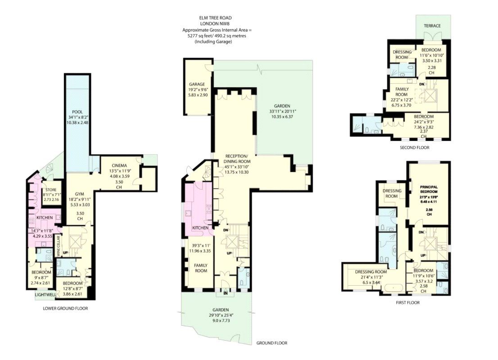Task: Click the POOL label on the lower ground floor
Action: (x=77, y=112)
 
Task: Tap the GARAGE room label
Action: (x=197, y=84)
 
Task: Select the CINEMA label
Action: (x=119, y=166)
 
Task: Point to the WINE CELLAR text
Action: (x=58, y=246)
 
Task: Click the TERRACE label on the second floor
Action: (x=432, y=26)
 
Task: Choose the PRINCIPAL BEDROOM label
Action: (x=429, y=189)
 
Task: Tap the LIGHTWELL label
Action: (x=45, y=295)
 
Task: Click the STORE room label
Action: (x=51, y=190)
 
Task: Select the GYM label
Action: (x=80, y=194)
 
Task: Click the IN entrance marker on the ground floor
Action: (x=226, y=293)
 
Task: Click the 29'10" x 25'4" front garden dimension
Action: (x=221, y=315)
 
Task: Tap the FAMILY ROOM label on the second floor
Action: (x=402, y=92)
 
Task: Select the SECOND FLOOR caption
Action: (x=414, y=147)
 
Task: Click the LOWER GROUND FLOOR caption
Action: (x=65, y=308)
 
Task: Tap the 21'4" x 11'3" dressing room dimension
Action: (x=369, y=277)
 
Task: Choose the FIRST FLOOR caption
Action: (x=407, y=302)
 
